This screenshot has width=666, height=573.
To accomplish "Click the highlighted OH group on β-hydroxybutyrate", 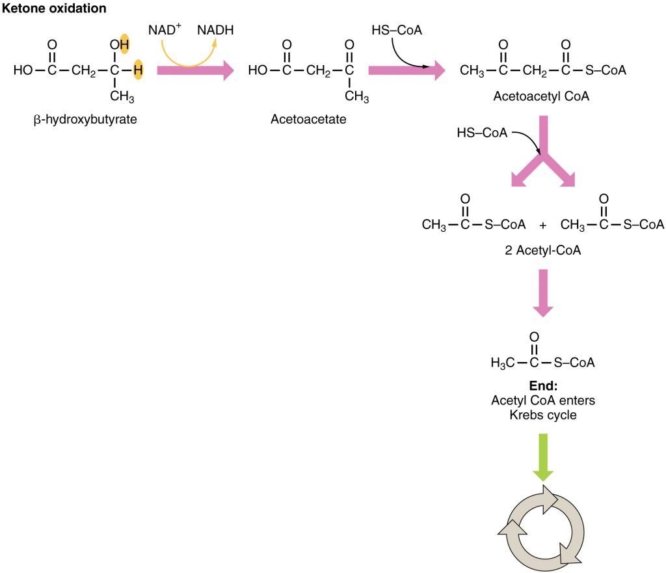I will point(120,45).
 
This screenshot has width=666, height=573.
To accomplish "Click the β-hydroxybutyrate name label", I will point(85,120).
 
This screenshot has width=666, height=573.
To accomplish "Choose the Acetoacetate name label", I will point(308,120).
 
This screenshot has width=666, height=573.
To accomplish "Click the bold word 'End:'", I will point(542,385).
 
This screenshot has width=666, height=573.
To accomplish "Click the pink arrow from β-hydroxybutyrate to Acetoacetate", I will point(195,70).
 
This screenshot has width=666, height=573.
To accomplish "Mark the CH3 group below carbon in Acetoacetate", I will point(356,97).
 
